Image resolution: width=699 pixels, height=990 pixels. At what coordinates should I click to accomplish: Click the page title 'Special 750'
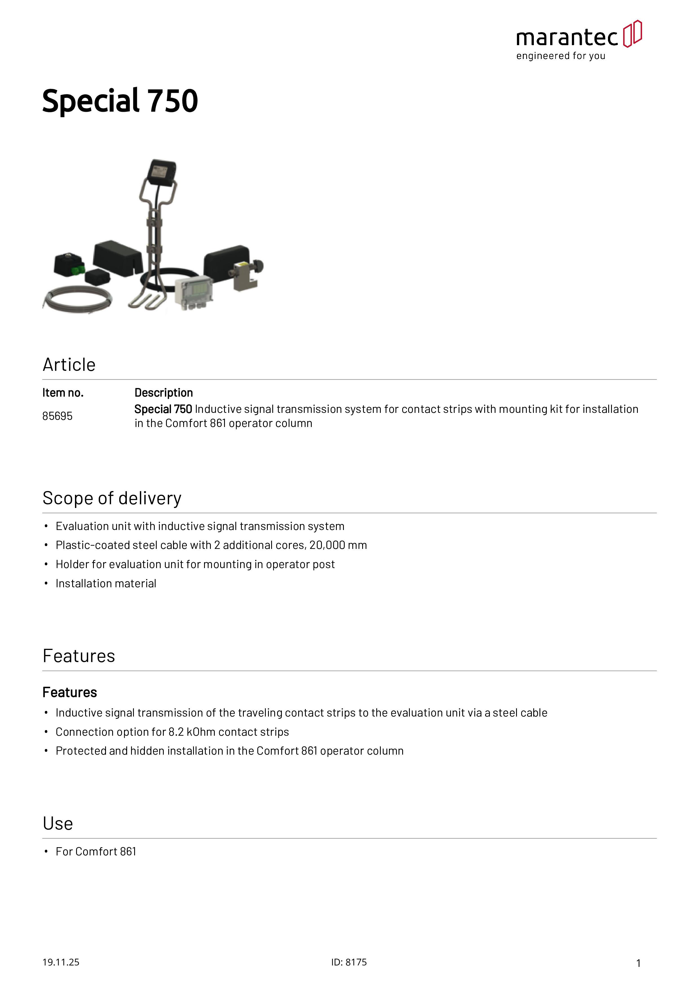pyautogui.click(x=120, y=101)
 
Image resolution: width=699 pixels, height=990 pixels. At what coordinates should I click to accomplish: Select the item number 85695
pyautogui.click(x=57, y=416)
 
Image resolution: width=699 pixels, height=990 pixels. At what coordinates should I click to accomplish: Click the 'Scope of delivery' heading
pyautogui.click(x=112, y=498)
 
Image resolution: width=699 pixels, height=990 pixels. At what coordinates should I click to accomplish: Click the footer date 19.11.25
pyautogui.click(x=61, y=962)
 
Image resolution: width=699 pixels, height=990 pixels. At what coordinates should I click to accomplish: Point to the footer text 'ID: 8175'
pyautogui.click(x=349, y=962)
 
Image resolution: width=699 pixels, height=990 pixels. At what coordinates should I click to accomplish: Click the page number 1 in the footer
pyautogui.click(x=638, y=963)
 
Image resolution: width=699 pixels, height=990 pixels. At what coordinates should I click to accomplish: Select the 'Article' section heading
pyautogui.click(x=69, y=365)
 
